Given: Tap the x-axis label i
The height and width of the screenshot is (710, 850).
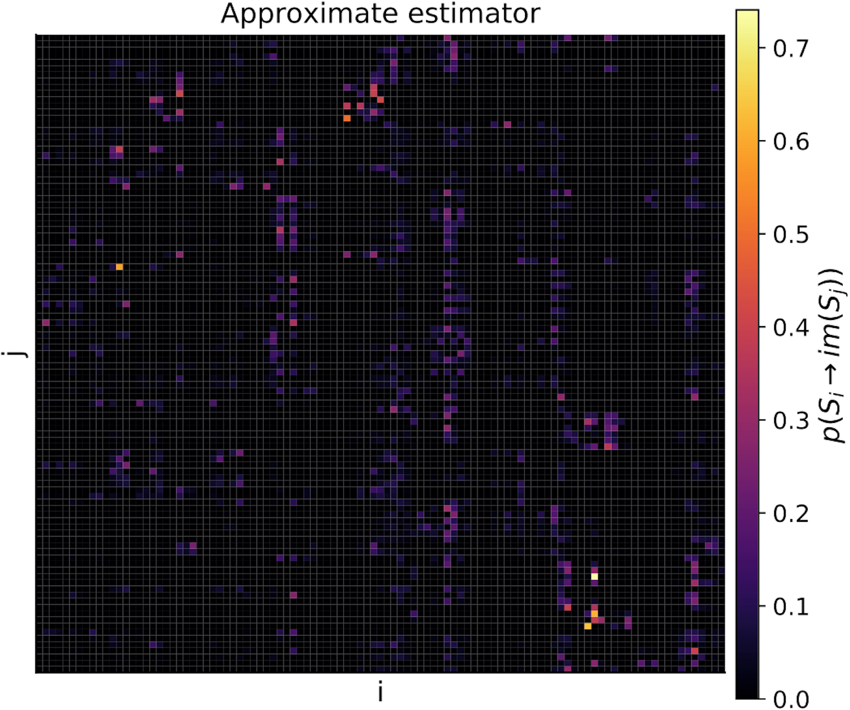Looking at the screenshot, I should pos(380,691).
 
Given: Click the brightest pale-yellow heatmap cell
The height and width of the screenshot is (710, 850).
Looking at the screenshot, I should pos(595,577).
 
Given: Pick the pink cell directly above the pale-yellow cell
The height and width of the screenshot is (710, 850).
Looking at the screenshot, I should pos(595,570).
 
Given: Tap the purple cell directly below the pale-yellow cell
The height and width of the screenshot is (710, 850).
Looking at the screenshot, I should pos(595,583).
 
